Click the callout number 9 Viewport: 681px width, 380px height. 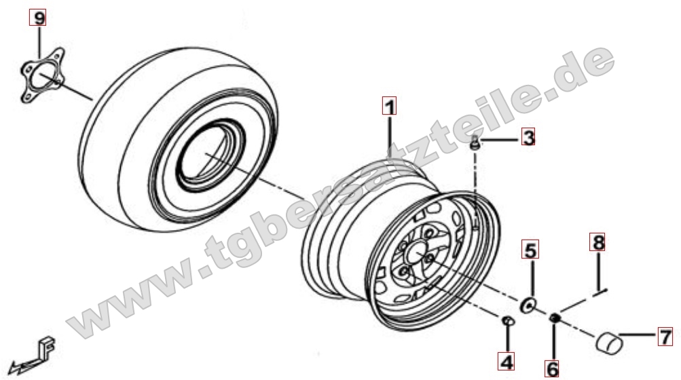[38, 18]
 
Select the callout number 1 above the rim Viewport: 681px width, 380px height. [390, 106]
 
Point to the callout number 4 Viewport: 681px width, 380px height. [507, 361]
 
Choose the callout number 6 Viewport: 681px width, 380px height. [552, 369]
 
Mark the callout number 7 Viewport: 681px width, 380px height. [665, 336]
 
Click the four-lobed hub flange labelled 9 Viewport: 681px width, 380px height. [43, 75]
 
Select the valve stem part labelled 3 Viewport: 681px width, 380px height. [475, 143]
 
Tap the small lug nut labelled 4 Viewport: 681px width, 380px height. [508, 322]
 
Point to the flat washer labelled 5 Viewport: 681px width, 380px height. [528, 305]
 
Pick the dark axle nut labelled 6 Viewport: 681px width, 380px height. [554, 318]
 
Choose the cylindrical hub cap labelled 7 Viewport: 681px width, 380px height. [608, 341]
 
